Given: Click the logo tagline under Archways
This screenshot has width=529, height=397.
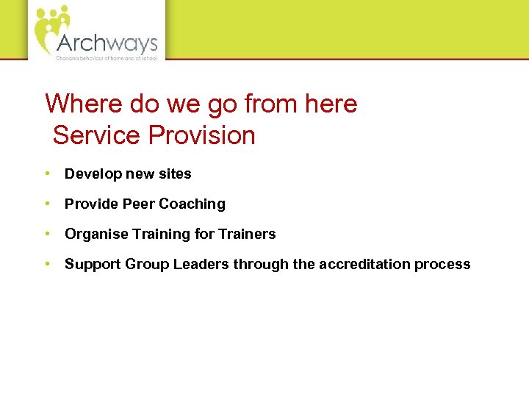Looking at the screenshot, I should coord(107,57).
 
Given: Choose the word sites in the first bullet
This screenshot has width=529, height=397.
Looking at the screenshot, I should coord(174,174).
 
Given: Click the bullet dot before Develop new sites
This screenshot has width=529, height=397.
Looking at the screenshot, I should coord(47,174).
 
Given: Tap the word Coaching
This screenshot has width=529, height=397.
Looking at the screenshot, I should coord(192,204).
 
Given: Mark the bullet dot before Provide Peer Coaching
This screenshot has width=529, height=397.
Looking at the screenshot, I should coord(47,204).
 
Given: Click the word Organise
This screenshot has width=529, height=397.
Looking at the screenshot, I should coord(94,235).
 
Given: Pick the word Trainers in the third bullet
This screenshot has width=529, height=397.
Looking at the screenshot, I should coord(248,235).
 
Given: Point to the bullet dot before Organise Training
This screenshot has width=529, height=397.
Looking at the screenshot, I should coord(47,234).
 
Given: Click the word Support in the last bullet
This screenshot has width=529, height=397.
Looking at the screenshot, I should coord(90,265).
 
